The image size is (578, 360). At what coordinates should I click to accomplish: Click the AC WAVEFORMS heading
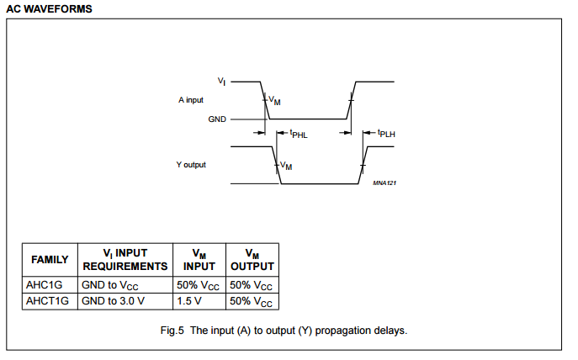(x=49, y=9)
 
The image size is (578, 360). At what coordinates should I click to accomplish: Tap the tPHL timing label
(x=299, y=134)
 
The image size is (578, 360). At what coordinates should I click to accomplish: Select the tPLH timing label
(x=386, y=134)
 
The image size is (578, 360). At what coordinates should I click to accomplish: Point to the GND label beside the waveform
(x=217, y=119)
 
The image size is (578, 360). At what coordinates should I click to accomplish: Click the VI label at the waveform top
(x=221, y=82)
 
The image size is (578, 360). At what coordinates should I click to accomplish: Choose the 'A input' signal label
(x=191, y=100)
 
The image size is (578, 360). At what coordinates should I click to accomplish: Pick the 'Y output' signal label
(x=191, y=165)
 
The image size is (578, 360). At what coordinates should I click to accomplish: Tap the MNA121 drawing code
(x=384, y=183)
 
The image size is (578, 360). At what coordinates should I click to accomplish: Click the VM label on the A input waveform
(x=274, y=100)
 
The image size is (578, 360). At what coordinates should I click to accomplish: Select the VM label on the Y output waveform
(x=286, y=166)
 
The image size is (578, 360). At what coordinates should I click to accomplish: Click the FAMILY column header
(x=50, y=260)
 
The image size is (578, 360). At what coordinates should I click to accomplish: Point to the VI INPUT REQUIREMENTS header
(x=125, y=260)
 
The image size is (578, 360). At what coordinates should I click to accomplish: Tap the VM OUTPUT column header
(x=252, y=260)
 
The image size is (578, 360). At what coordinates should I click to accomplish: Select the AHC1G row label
(x=45, y=285)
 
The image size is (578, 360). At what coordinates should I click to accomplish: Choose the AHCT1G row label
(x=47, y=301)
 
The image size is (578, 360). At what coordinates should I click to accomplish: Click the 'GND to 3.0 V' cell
(x=114, y=301)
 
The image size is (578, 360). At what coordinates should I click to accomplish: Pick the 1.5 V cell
(x=189, y=301)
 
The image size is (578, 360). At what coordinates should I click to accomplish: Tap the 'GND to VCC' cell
(x=110, y=286)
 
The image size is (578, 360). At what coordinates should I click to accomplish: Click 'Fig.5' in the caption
(x=172, y=331)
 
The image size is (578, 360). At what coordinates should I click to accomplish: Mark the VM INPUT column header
(x=199, y=260)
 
